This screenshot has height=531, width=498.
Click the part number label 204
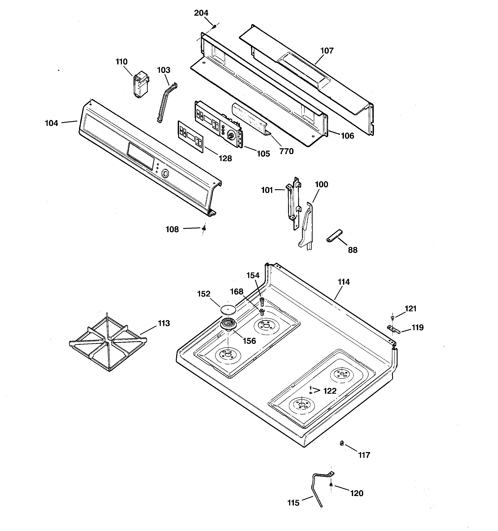coord(201,13)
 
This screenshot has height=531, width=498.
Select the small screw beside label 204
coord(214,26)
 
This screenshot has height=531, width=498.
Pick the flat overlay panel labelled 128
coord(190,137)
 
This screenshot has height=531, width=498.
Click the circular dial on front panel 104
coord(165,174)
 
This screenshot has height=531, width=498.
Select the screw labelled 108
coord(204,228)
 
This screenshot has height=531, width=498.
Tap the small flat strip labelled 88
coord(334,235)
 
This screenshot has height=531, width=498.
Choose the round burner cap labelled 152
coord(228,310)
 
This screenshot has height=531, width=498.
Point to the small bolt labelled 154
coord(262,301)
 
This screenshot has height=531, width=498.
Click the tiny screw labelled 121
coord(392,317)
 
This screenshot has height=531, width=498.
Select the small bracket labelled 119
coord(393,329)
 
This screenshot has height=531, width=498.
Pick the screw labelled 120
coord(331,484)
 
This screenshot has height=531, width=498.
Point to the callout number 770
coord(286,151)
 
